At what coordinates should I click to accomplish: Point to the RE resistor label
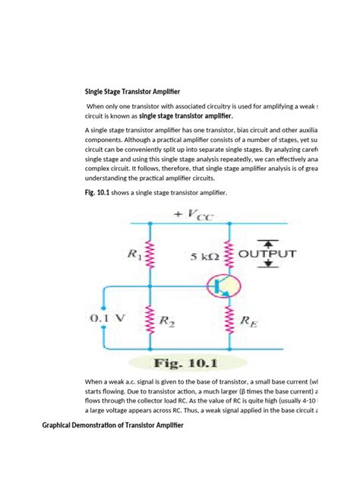(x=248, y=321)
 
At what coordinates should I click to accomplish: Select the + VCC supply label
(x=194, y=215)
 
